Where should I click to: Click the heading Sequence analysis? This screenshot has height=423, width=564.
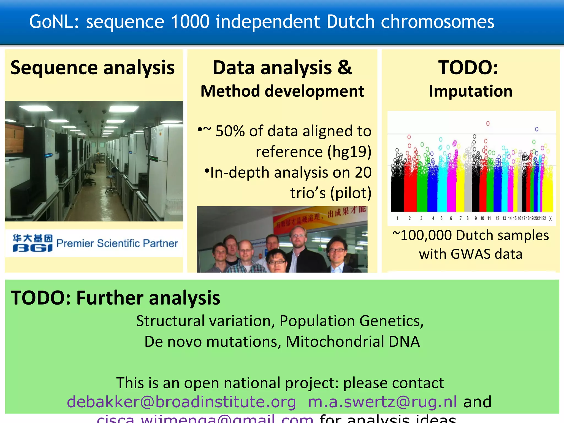coord(93,68)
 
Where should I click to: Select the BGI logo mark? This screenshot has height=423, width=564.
coord(32,243)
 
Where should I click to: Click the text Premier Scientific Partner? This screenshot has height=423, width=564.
coord(117,243)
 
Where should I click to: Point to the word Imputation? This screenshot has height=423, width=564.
coord(471,91)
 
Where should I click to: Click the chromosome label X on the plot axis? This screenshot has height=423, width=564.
coord(550,218)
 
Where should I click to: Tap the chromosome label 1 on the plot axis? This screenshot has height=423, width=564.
coord(397,218)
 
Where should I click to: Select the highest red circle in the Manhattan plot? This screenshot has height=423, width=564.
coord(488,123)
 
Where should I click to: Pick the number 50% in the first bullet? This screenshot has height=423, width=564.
coord(230,131)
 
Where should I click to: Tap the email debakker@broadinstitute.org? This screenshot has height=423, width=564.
coord(181,402)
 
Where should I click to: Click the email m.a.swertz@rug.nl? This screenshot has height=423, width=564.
coord(382,402)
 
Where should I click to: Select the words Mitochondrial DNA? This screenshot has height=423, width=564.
coord(352,341)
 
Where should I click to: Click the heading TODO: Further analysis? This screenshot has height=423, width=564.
coord(115,298)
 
